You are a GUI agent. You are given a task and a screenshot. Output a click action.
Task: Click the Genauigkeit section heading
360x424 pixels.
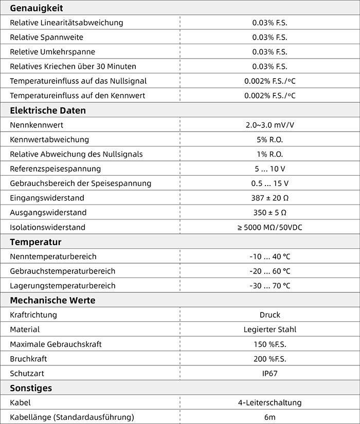pyautogui.click(x=37, y=8)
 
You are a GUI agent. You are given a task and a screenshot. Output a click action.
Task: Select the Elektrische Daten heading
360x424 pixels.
pyautogui.click(x=48, y=110)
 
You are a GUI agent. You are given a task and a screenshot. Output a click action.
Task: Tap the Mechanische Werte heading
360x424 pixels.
pyautogui.click(x=52, y=300)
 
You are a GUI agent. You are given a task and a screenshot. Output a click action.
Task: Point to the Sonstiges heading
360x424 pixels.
pyautogui.click(x=31, y=388)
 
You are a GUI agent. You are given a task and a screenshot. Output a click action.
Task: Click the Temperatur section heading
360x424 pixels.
pyautogui.click(x=35, y=242)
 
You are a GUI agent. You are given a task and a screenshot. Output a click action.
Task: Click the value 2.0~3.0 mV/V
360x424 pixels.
pyautogui.click(x=269, y=125)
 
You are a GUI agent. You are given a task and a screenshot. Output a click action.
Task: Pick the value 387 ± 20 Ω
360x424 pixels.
pyautogui.click(x=269, y=198)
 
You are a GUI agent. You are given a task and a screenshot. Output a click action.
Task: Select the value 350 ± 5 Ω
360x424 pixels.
pyautogui.click(x=269, y=212)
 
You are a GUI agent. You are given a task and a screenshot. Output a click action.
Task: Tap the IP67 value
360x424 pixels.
pyautogui.click(x=269, y=373)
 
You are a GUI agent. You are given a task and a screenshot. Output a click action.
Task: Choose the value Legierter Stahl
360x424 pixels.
pyautogui.click(x=269, y=329)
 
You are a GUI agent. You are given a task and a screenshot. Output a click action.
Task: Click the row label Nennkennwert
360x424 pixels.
pyautogui.click(x=37, y=125)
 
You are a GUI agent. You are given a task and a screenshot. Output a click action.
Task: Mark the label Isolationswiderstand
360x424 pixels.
pyautogui.click(x=47, y=227)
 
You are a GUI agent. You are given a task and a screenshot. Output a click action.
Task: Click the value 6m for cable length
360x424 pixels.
pyautogui.click(x=269, y=417)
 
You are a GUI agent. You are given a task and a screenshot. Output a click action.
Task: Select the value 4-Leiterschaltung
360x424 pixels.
pyautogui.click(x=269, y=402)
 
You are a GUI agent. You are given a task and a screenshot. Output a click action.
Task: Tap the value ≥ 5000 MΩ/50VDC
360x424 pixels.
pyautogui.click(x=269, y=227)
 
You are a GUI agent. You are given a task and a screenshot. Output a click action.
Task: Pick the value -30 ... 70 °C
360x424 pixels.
pyautogui.click(x=269, y=286)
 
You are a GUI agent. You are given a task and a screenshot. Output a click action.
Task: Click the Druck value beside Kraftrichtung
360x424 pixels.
pyautogui.click(x=269, y=315)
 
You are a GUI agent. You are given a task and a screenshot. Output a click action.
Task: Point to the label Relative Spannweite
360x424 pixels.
pyautogui.click(x=46, y=38)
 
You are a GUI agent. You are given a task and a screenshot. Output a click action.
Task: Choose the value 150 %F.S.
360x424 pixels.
pyautogui.click(x=269, y=344)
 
